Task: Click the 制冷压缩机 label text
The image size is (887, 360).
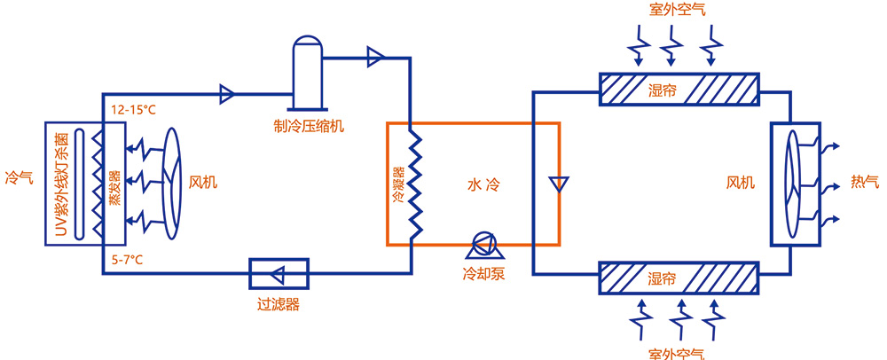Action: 308,125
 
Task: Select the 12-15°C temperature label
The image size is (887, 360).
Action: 133,110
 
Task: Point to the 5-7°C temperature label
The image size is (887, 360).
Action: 129,260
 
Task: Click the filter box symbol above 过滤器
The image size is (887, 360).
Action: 279,272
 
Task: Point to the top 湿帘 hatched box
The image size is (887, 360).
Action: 679,90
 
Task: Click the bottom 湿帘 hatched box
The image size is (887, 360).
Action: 679,278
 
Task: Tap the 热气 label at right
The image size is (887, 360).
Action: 864,183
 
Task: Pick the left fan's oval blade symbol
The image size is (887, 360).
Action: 170,184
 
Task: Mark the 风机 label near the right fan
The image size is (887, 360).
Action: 741,184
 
